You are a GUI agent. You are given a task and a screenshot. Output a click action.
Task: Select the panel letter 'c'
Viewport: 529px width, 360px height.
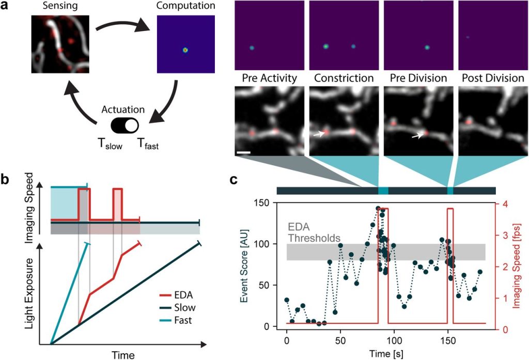(234, 180)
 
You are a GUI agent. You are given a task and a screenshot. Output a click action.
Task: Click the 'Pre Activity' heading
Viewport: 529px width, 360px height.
(269, 79)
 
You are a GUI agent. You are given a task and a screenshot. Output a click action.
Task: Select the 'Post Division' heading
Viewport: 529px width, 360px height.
(491, 79)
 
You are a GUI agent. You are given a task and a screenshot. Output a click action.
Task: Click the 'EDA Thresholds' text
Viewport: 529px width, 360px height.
(314, 232)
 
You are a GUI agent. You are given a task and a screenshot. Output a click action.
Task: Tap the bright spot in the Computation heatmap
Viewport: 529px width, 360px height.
(185, 50)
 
